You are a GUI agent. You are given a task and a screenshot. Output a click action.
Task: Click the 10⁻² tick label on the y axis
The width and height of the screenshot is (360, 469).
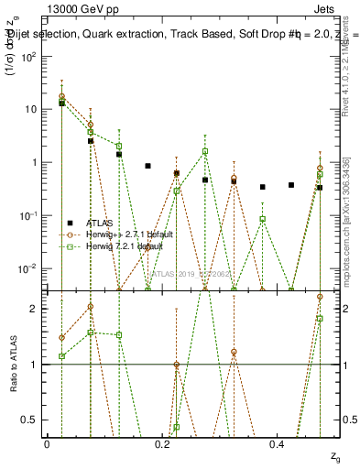(30, 268)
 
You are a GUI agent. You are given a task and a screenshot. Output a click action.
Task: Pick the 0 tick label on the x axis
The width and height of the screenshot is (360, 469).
(48, 442)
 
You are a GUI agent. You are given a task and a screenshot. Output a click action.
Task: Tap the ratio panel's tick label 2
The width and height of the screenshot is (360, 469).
(35, 309)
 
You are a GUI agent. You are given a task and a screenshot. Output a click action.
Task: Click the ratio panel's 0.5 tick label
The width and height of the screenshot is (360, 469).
(31, 420)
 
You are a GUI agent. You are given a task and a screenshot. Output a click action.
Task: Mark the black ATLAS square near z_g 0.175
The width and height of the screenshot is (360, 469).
(147, 166)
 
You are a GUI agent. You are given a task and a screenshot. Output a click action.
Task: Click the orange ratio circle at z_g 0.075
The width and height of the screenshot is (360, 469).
(90, 307)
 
